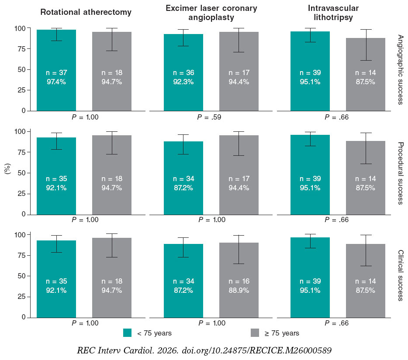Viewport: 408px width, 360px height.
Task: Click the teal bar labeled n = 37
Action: (x=56, y=70)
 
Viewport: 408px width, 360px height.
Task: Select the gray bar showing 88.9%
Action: (x=239, y=280)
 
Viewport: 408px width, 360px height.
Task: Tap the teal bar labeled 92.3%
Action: (x=183, y=72)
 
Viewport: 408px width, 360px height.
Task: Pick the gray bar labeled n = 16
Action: (x=239, y=280)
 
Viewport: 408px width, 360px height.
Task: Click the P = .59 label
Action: (x=209, y=117)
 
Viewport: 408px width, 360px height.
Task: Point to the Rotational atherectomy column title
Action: (x=86, y=12)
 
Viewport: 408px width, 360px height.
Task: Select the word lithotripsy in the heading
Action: (x=333, y=17)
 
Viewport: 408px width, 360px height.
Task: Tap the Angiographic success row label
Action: (x=401, y=70)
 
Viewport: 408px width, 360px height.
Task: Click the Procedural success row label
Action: (x=401, y=173)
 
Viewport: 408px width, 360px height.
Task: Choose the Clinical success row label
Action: (x=401, y=275)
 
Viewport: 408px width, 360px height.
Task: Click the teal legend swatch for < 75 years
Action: (x=127, y=333)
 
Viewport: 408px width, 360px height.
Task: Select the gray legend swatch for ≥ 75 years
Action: (x=255, y=333)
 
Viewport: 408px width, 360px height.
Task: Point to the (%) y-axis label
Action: (x=8, y=169)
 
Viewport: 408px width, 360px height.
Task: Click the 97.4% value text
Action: (x=56, y=82)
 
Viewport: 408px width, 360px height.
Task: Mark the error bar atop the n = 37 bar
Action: (x=56, y=34)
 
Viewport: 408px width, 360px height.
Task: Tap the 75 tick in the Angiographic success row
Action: (x=22, y=49)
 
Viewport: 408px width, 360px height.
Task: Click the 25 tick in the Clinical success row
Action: (x=22, y=297)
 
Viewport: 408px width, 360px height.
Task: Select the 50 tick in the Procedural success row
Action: (x=22, y=173)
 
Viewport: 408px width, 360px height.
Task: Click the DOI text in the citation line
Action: (x=256, y=350)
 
